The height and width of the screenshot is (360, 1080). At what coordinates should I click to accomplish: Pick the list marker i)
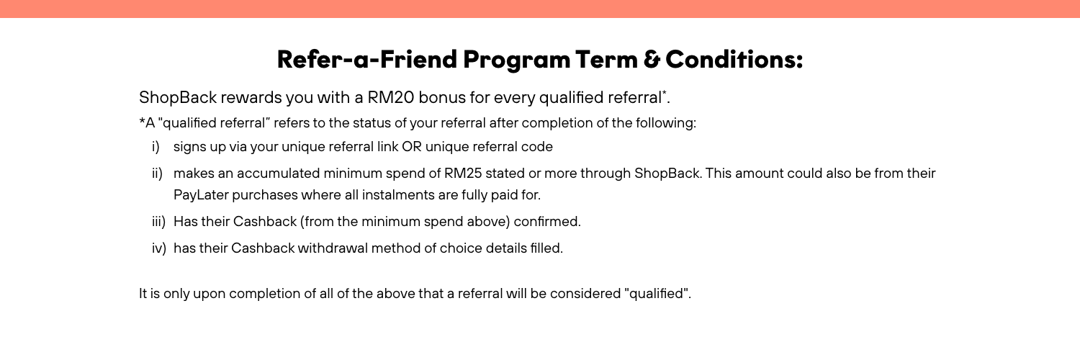point(155,148)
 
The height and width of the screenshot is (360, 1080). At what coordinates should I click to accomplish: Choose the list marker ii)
point(156,174)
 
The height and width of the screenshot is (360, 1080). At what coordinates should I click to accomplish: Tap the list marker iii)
point(158,222)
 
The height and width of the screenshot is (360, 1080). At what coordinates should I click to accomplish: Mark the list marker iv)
point(158,249)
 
